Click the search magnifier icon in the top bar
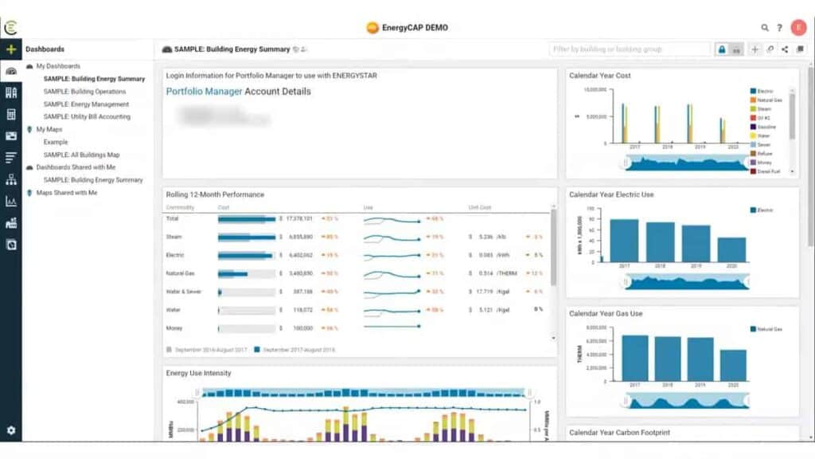pyautogui.click(x=765, y=28)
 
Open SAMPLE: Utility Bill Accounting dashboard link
pyautogui.click(x=87, y=117)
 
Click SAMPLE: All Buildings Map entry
pyautogui.click(x=81, y=155)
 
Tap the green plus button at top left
pyautogui.click(x=11, y=49)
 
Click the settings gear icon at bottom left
pyautogui.click(x=11, y=430)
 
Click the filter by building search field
pyautogui.click(x=629, y=49)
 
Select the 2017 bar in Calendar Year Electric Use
pyautogui.click(x=624, y=240)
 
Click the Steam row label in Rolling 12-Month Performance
pyautogui.click(x=175, y=237)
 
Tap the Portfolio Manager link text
pyautogui.click(x=203, y=92)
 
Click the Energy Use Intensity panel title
pyautogui.click(x=198, y=373)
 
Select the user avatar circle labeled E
pyautogui.click(x=798, y=27)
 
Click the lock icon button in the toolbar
pyautogui.click(x=722, y=49)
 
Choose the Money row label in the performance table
pyautogui.click(x=175, y=328)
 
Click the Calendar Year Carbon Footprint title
pyautogui.click(x=619, y=433)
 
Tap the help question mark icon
pyautogui.click(x=780, y=28)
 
